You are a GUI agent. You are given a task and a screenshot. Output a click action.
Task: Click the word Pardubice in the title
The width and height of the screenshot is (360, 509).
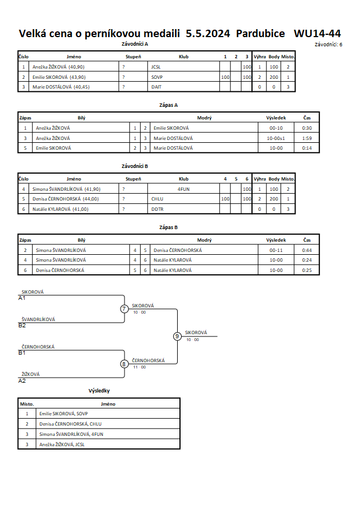point(261,34)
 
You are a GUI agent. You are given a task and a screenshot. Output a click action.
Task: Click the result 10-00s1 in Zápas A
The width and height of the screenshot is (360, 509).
point(276,138)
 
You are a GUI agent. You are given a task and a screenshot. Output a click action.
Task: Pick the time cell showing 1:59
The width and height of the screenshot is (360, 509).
point(307,138)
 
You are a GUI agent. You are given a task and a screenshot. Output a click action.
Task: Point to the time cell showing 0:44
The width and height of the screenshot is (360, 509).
point(307,250)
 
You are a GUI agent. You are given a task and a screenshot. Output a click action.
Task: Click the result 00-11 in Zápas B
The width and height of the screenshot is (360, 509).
point(276,250)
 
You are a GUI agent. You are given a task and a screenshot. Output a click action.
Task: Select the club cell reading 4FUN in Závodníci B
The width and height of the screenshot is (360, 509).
point(183,189)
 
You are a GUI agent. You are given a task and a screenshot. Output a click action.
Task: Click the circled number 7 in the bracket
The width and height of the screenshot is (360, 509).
point(124,308)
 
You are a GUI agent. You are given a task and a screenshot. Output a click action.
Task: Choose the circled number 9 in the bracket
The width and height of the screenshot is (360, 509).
point(177,336)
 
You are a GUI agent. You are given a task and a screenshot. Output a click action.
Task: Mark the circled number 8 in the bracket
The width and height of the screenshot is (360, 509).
point(124,364)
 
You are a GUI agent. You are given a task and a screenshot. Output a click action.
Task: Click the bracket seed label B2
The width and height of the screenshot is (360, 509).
point(22,326)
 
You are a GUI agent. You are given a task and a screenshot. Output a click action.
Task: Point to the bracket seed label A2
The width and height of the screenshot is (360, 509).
point(22,381)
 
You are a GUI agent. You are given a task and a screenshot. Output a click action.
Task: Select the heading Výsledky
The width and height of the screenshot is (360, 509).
point(99,391)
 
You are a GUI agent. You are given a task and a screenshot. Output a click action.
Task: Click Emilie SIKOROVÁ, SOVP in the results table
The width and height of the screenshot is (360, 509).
point(63,414)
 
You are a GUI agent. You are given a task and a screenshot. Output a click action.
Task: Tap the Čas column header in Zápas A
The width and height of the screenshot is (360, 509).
point(307,118)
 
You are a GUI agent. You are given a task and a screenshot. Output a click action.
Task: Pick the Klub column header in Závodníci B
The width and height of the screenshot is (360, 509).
point(183,179)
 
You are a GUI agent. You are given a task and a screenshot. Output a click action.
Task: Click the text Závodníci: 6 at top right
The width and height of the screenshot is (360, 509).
point(328,45)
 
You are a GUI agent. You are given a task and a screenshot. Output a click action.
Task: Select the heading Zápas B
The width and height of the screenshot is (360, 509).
point(169,227)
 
